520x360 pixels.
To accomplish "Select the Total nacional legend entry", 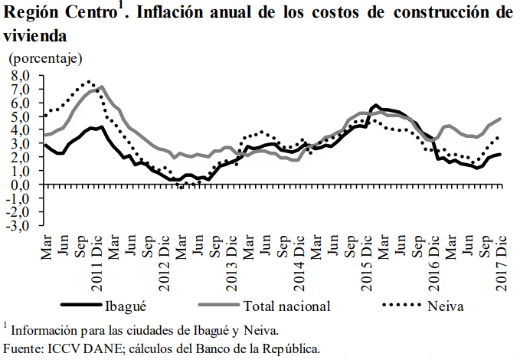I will point(286,306).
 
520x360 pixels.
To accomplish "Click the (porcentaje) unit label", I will point(45,58).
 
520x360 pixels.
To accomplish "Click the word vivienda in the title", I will point(34,35).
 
